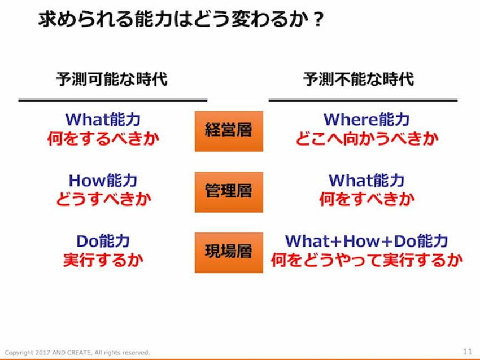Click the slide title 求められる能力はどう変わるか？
click(x=181, y=19)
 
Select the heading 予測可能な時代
click(x=112, y=79)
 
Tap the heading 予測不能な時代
click(x=359, y=79)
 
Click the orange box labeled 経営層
click(x=229, y=131)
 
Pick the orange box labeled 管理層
click(x=229, y=192)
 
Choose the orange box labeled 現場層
click(x=229, y=253)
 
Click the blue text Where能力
click(x=366, y=119)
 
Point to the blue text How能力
click(x=103, y=180)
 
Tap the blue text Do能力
click(x=103, y=241)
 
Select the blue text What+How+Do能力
click(x=366, y=241)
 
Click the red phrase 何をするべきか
click(x=103, y=139)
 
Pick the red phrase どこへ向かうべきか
click(x=367, y=139)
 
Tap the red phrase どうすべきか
click(x=104, y=199)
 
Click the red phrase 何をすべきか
click(x=367, y=199)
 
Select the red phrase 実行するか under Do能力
click(x=103, y=260)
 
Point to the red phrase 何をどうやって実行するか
click(x=367, y=260)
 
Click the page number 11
click(x=468, y=352)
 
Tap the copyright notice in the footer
click(x=77, y=353)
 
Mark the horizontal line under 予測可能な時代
click(x=113, y=100)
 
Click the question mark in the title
click(x=318, y=20)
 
